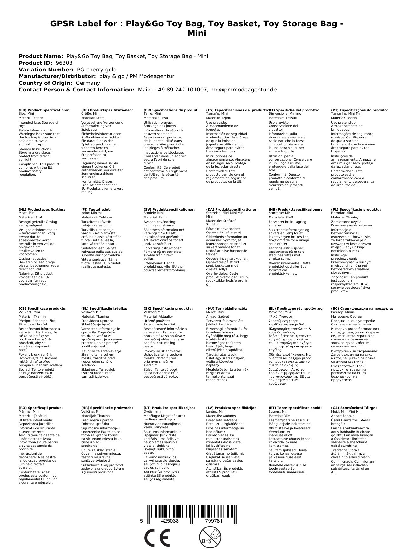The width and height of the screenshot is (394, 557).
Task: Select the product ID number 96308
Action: tap(64, 63)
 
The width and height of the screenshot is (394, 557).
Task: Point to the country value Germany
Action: tap(88, 83)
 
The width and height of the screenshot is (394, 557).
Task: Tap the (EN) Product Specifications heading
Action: tap(44, 110)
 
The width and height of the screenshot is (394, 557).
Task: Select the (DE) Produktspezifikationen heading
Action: tap(107, 110)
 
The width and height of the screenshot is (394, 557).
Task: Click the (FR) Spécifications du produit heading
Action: tap(171, 110)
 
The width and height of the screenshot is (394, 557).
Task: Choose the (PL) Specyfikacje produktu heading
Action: tap(356, 210)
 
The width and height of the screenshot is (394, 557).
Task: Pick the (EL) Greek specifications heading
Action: tap(296, 308)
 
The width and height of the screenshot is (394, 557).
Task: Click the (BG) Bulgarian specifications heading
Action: tap(362, 308)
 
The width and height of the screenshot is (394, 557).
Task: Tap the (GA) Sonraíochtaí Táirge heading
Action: tap(354, 408)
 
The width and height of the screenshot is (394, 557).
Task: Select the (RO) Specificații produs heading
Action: tap(41, 408)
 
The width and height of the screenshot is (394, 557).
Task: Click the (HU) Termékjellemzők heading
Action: tap(226, 308)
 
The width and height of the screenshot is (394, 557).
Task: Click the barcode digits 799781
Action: tap(214, 521)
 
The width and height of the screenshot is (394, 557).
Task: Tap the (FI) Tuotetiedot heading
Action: tap(96, 210)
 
